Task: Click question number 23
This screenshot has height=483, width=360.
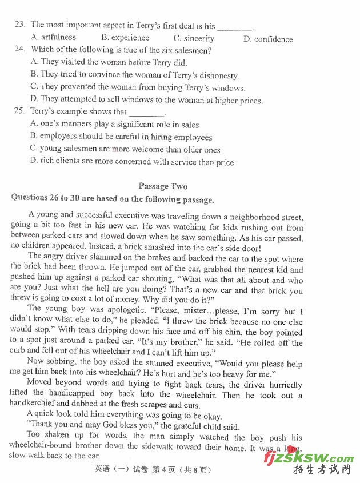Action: click(x=19, y=25)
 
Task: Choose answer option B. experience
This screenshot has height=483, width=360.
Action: click(x=125, y=38)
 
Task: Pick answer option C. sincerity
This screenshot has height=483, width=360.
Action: click(x=194, y=38)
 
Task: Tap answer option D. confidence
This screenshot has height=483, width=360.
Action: click(x=267, y=39)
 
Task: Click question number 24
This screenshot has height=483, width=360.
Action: click(x=19, y=50)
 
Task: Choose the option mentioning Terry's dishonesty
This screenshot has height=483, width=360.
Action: click(x=134, y=75)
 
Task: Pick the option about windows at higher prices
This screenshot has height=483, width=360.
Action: click(x=146, y=100)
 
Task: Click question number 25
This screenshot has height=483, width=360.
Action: click(x=19, y=111)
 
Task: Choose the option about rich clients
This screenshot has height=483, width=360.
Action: click(x=131, y=162)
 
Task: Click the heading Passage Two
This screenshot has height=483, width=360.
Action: click(x=163, y=186)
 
